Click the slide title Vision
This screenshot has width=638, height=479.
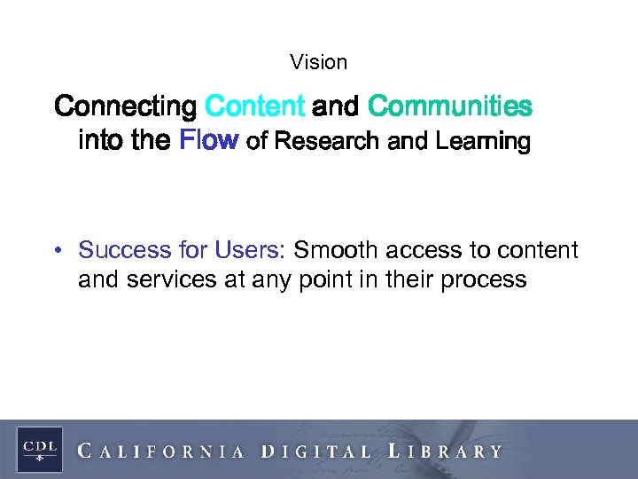click(x=318, y=62)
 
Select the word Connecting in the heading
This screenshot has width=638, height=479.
click(x=125, y=107)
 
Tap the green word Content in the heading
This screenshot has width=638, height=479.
click(x=254, y=107)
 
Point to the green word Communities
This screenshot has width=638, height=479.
click(x=449, y=107)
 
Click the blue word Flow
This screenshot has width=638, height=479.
click(x=209, y=141)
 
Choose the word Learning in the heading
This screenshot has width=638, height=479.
click(x=482, y=141)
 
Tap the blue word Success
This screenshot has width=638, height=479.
click(x=121, y=251)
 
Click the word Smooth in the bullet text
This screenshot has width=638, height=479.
click(x=333, y=251)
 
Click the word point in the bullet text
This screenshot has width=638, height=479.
click(x=320, y=280)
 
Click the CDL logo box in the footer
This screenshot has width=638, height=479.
click(x=39, y=449)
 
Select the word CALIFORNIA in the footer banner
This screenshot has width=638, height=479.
click(x=162, y=451)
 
